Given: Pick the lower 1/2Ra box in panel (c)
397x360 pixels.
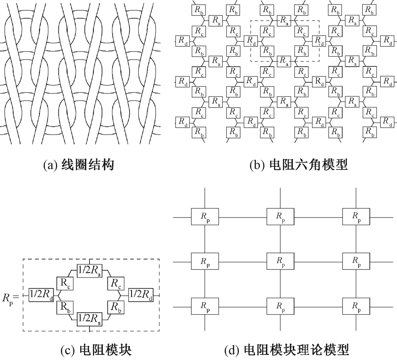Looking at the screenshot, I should point(91,318).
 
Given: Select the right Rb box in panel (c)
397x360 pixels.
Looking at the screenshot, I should point(115,306).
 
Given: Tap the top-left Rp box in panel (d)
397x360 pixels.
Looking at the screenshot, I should point(205,217).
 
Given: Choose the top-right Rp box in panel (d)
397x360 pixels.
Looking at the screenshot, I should point(356,217).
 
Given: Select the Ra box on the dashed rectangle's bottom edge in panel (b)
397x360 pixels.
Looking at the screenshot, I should point(283,60).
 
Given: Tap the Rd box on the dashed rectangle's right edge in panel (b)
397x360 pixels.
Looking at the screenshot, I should point(319,40).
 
